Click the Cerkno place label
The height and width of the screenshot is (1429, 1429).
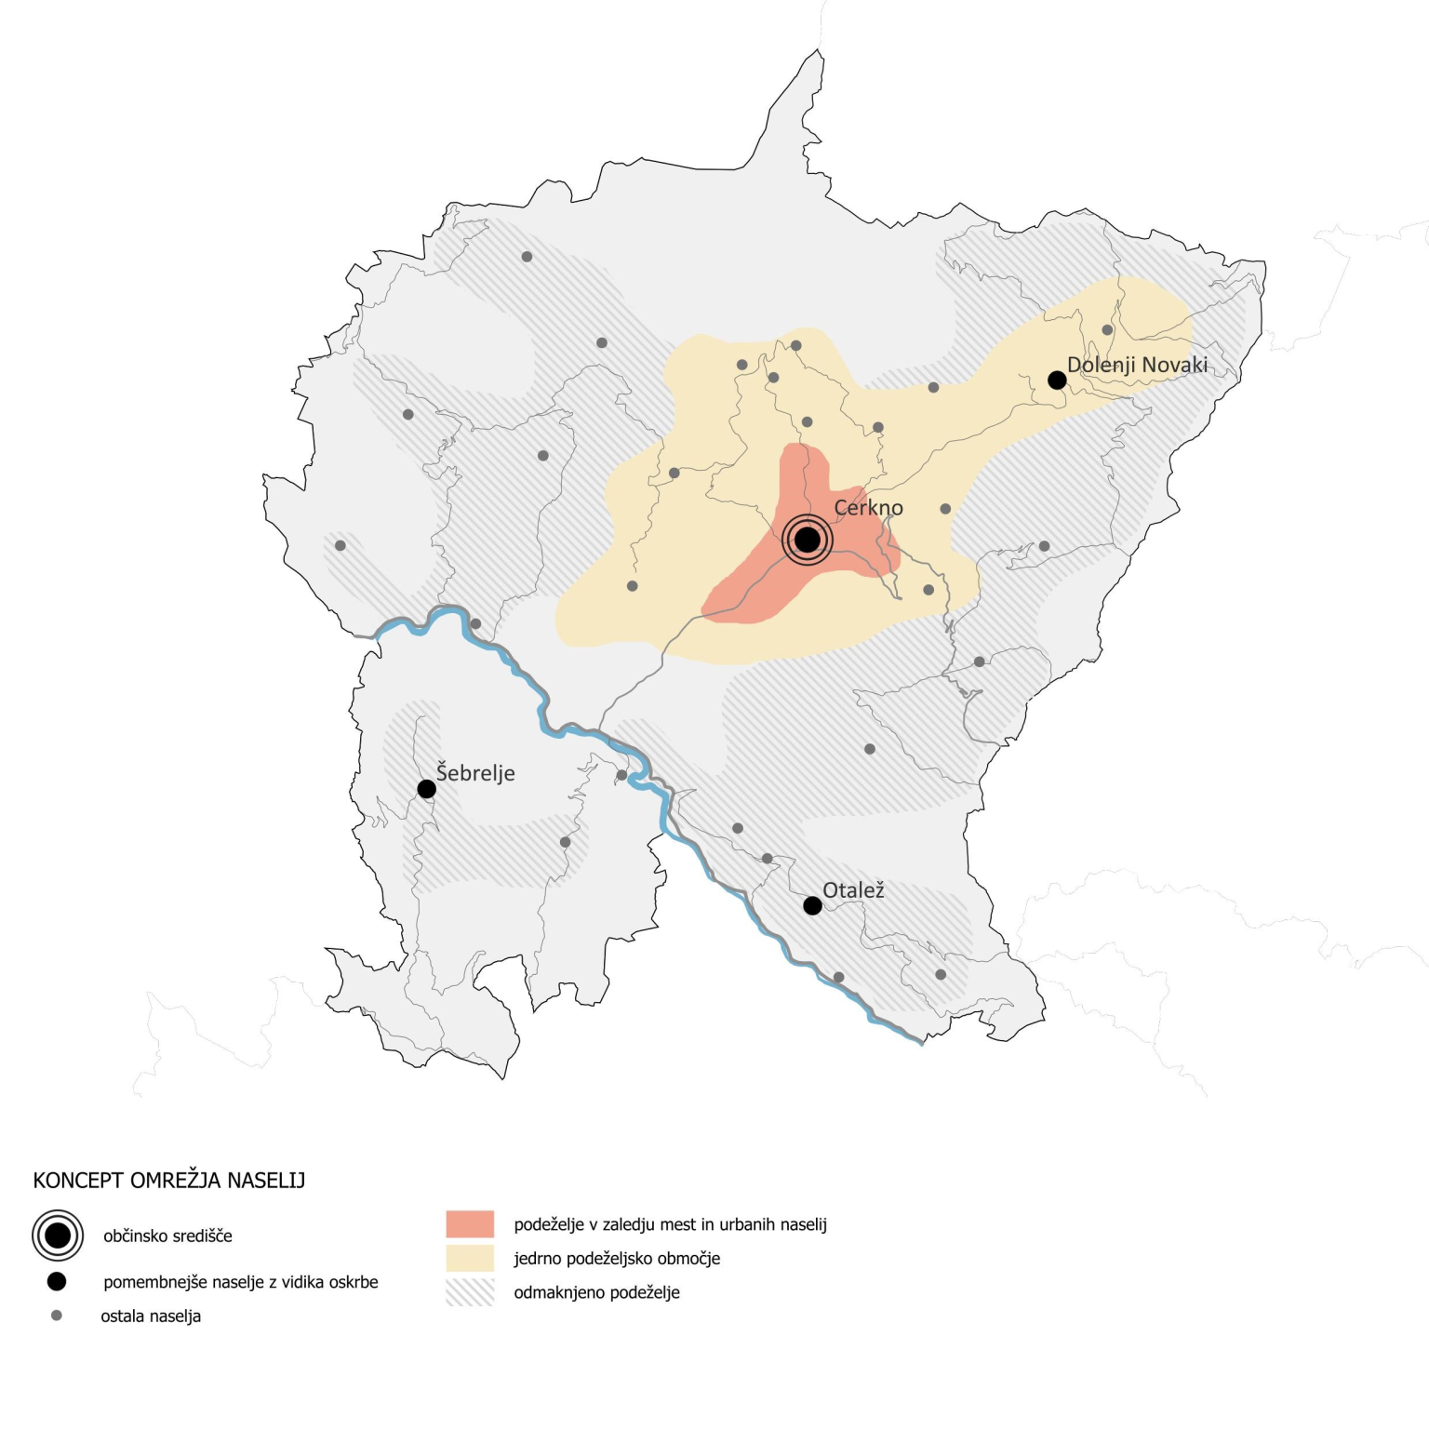(x=868, y=508)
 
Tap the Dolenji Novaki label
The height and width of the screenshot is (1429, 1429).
(x=1137, y=365)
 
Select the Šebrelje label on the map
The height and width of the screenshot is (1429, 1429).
(x=475, y=773)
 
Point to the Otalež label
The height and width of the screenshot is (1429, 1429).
(x=853, y=890)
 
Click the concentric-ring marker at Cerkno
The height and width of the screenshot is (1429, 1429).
(x=808, y=540)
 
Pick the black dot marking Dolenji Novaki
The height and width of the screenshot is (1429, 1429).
(x=1057, y=380)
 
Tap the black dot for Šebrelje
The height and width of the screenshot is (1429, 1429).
(x=427, y=789)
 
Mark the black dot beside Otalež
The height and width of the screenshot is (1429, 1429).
(x=812, y=905)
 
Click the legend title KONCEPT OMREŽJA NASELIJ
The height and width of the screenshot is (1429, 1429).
(x=169, y=1181)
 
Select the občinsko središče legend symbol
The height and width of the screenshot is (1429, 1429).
(x=58, y=1235)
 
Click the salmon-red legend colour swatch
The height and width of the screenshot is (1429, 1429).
(x=470, y=1224)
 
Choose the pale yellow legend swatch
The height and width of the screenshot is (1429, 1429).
(x=470, y=1258)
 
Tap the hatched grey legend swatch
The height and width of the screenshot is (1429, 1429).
(x=470, y=1292)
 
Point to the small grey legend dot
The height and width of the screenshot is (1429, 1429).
(x=57, y=1315)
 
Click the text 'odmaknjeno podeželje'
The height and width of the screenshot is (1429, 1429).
(x=596, y=1292)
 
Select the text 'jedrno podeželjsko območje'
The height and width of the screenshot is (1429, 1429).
(x=617, y=1259)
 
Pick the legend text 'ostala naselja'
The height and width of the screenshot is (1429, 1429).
(x=151, y=1316)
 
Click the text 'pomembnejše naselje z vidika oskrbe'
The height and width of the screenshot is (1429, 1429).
(x=241, y=1282)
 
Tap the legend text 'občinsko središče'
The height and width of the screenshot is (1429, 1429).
(x=167, y=1236)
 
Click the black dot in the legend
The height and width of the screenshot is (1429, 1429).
(x=57, y=1282)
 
